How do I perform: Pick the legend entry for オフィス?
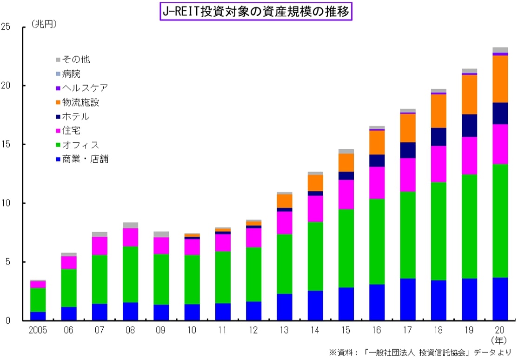[x=80, y=145]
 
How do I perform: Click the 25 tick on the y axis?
[x=7, y=27]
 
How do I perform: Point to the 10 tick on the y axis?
[x=7, y=203]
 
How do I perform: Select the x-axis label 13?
[x=285, y=331]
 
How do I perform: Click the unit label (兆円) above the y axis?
[x=44, y=24]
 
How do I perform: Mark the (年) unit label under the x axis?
[x=500, y=340]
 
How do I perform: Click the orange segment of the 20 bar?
[x=500, y=79]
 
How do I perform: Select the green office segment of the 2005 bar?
[x=38, y=300]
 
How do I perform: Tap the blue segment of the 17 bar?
[x=408, y=299]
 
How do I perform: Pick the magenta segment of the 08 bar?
[x=131, y=237]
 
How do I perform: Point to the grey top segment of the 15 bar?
[x=346, y=151]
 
